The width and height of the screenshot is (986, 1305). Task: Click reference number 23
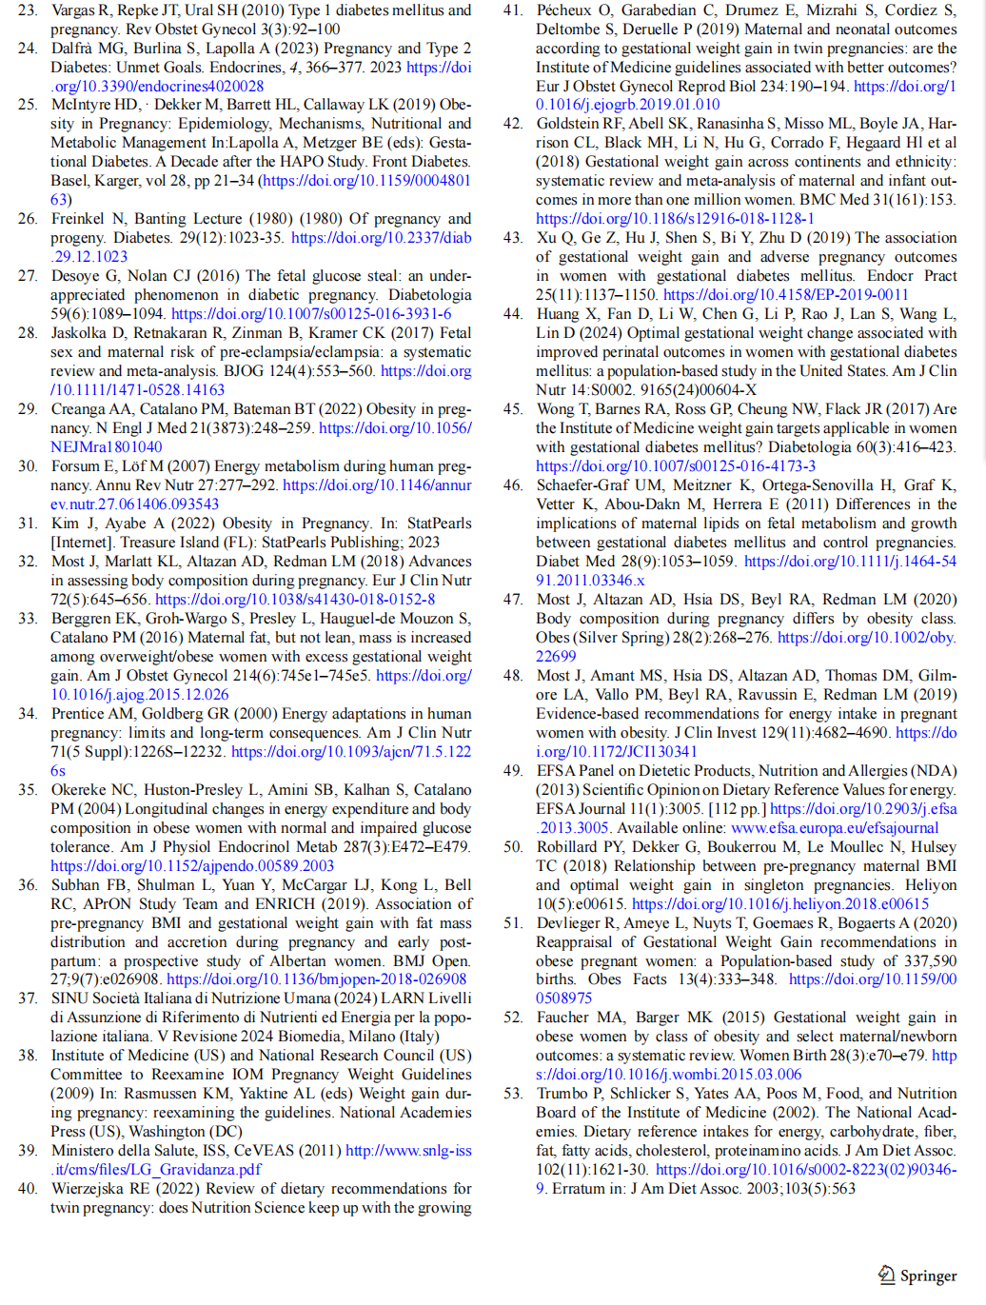(28, 10)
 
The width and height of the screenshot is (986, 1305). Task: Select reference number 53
(513, 1093)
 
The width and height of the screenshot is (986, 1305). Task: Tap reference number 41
(513, 10)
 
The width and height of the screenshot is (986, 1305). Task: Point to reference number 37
(28, 998)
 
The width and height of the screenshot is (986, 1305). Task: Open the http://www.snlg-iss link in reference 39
(408, 1150)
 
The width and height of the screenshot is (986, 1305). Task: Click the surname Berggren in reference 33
(80, 618)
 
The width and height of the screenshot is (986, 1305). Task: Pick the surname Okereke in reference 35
(80, 789)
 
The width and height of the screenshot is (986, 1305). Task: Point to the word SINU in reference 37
(69, 998)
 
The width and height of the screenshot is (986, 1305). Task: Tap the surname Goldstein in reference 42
(568, 124)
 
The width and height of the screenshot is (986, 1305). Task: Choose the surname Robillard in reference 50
(568, 846)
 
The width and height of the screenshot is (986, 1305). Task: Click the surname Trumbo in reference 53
(562, 1093)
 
